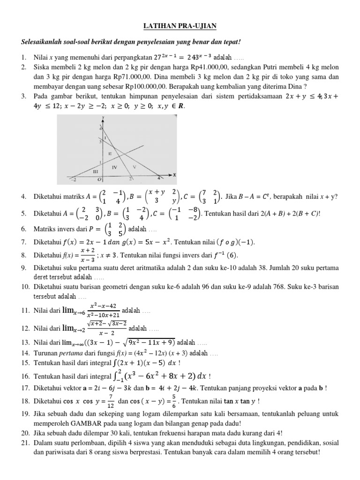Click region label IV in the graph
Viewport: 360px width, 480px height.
[114, 167]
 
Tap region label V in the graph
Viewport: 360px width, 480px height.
[134, 167]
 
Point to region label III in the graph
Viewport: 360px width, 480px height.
[95, 172]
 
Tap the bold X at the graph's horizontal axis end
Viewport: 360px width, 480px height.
[174, 174]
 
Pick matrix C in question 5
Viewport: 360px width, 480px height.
[185, 213]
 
